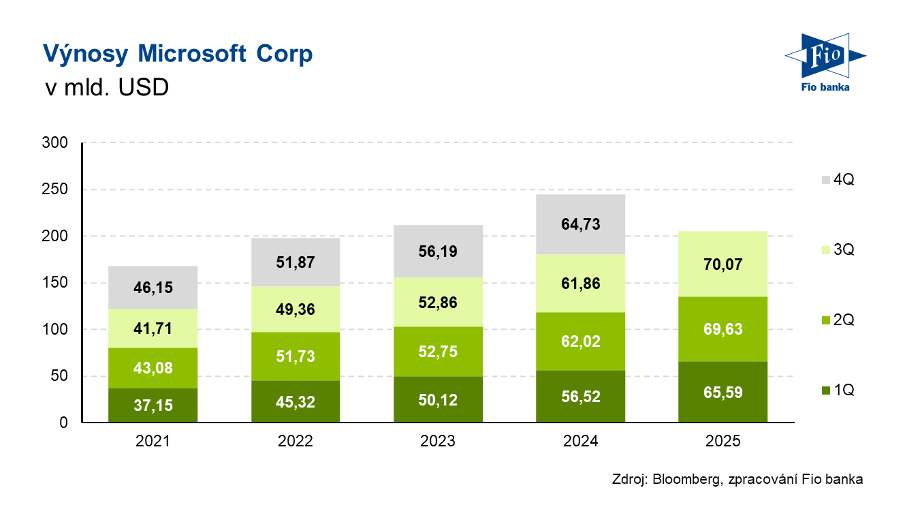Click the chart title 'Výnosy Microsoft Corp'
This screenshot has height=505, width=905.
[x=178, y=55]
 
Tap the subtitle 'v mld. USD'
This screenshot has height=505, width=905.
[x=106, y=89]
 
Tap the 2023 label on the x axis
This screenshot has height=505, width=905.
[x=438, y=442]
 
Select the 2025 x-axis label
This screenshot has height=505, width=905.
[x=723, y=442]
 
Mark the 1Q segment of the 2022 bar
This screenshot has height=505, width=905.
[x=296, y=402]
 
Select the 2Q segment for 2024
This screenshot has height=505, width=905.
[x=581, y=341]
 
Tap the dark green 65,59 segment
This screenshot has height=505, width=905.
[x=723, y=393]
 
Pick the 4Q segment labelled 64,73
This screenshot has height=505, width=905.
[x=581, y=224]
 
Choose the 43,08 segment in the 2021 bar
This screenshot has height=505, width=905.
[x=153, y=368]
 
